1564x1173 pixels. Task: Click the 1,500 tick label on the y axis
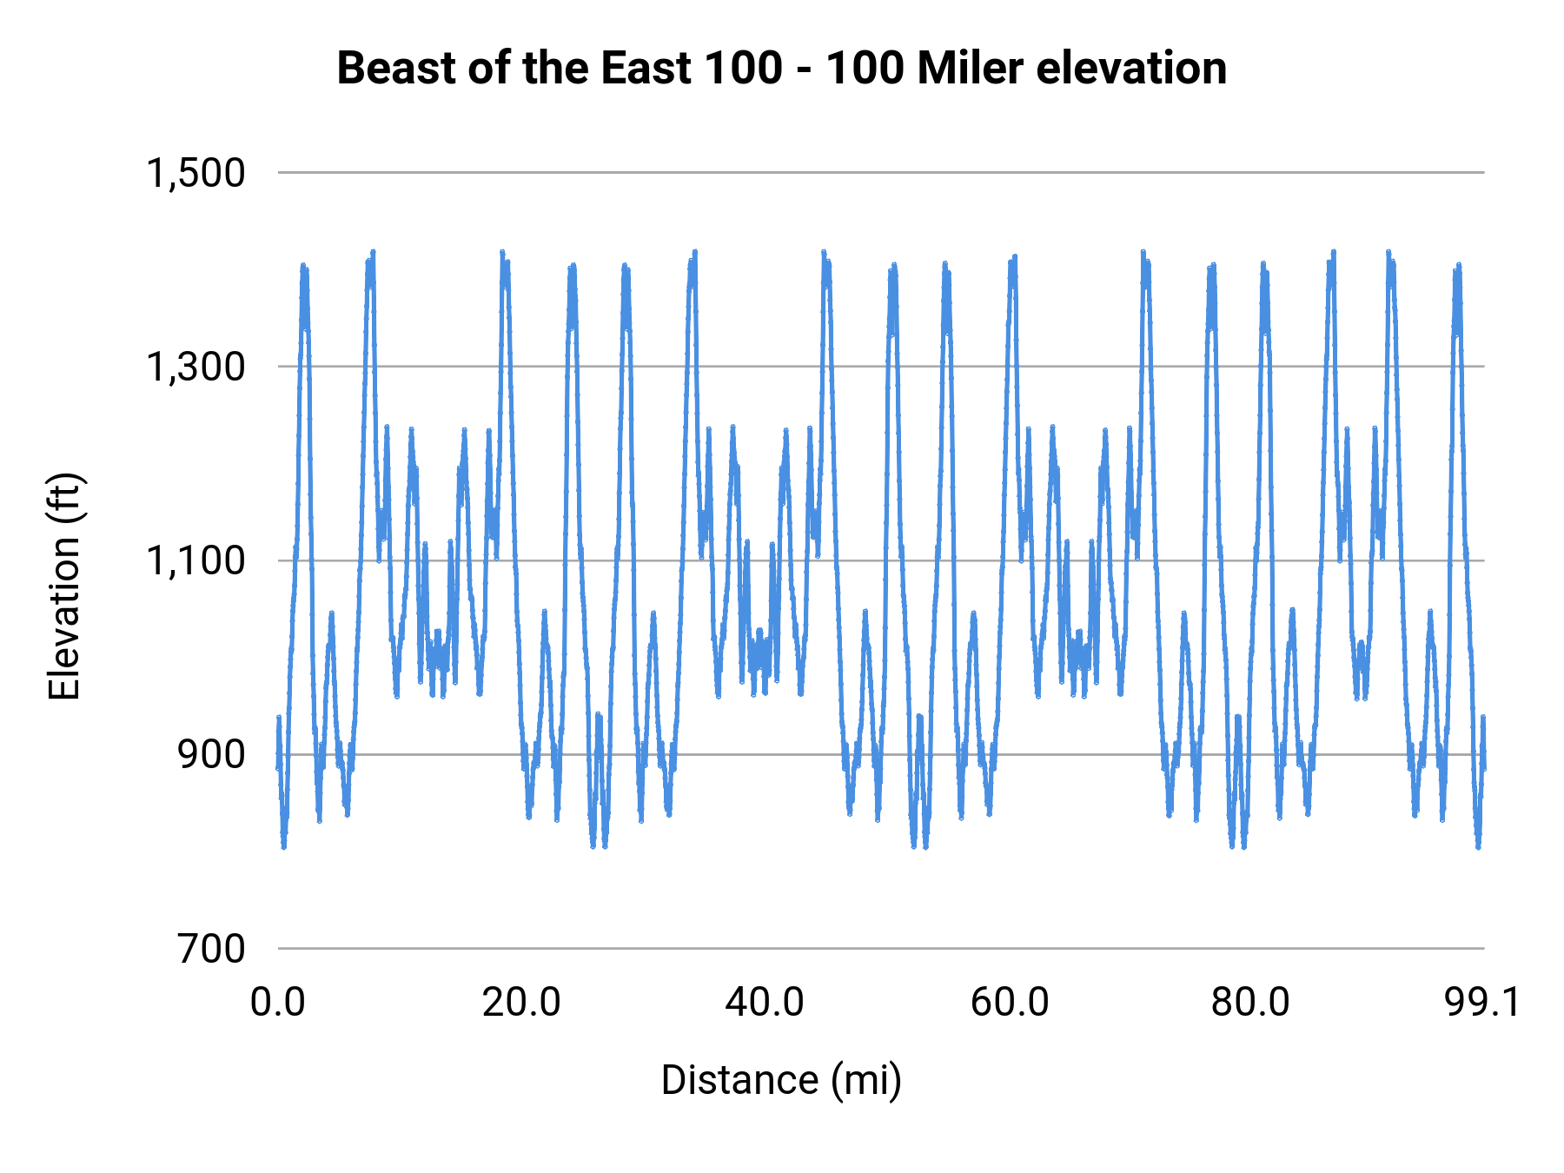click(195, 173)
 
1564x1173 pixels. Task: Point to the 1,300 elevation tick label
click(195, 367)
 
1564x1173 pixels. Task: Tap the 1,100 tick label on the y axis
click(195, 560)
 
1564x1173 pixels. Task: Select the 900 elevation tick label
click(212, 754)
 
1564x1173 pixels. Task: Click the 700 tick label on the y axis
click(212, 948)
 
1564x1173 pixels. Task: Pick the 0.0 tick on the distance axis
click(278, 1002)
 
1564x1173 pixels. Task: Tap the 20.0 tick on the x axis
click(521, 1002)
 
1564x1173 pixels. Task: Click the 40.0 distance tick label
click(765, 1002)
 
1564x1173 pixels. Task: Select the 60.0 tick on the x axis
click(1009, 1002)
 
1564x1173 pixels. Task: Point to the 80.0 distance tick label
click(1251, 1002)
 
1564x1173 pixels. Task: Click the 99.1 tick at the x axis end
click(1482, 1002)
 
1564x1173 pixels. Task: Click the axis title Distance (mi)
click(781, 1080)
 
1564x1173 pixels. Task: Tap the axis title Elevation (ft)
click(64, 586)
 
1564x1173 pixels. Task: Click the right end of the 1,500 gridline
click(1483, 173)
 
